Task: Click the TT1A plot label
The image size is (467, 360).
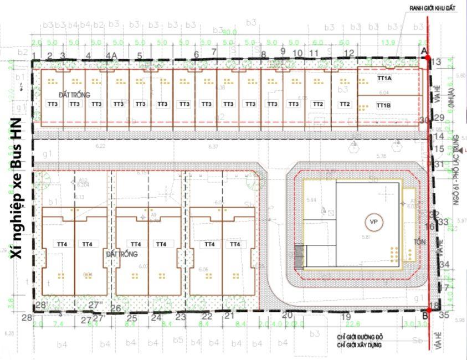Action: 384,79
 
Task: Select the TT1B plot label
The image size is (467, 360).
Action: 384,105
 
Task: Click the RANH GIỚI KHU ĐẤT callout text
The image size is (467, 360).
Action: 434,8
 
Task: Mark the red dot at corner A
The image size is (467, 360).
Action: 427,57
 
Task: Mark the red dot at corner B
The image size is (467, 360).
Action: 428,312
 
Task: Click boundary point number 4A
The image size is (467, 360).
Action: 114,55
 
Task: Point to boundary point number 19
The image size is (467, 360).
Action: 346,317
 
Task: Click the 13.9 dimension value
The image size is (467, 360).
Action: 388,43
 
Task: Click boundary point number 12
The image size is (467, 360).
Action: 349,53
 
